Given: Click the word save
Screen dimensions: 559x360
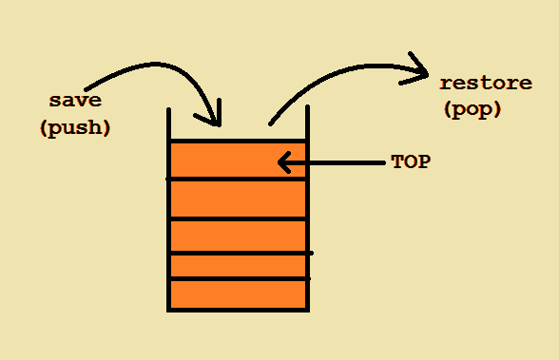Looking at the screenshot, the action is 75,100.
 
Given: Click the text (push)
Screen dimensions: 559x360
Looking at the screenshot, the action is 75,127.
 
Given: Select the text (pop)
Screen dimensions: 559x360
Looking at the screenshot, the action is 472,110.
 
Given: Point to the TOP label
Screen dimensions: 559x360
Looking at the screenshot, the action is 411,161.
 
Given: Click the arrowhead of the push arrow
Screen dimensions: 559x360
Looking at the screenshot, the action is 213,119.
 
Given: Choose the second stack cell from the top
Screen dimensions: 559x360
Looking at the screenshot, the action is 238,199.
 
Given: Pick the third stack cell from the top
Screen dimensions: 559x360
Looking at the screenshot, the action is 238,237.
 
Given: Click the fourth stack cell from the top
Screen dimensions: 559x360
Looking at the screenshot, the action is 238,266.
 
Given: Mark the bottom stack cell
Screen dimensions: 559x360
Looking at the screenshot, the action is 238,294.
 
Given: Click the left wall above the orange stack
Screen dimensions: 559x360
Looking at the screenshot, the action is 168,123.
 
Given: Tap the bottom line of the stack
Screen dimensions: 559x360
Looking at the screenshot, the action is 238,310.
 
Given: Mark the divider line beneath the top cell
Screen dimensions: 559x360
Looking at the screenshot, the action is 238,179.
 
